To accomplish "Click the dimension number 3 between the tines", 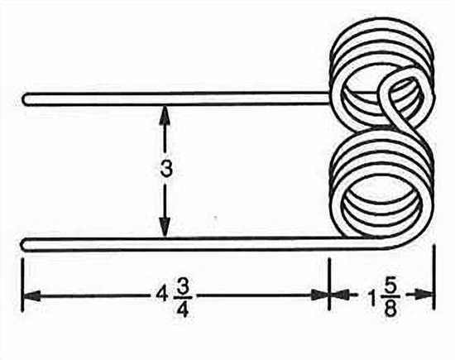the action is tap(166, 169).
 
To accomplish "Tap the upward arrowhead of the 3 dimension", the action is tap(165, 114).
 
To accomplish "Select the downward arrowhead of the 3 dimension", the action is tap(165, 228).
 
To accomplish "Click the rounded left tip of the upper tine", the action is tap(26, 99).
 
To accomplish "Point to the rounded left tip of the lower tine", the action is tap(24, 244).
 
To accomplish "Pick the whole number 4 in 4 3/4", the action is tap(160, 295).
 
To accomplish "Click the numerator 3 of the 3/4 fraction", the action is tap(182, 287).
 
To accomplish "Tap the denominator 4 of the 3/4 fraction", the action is tap(183, 309).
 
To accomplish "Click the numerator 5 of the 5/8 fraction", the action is tap(390, 287).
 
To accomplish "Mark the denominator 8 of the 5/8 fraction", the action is tap(390, 310).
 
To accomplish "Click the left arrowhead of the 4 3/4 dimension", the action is tap(31, 295).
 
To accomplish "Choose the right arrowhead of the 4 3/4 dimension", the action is tap(320, 295).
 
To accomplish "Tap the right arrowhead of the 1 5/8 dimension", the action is tap(424, 295).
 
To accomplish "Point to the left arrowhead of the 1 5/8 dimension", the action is tap(339, 295).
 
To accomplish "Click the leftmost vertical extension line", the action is tap(22, 285).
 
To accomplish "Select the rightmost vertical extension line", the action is tap(434, 277).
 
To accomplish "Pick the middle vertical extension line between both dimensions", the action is tap(329, 284).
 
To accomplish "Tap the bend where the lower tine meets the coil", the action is tap(398, 243).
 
